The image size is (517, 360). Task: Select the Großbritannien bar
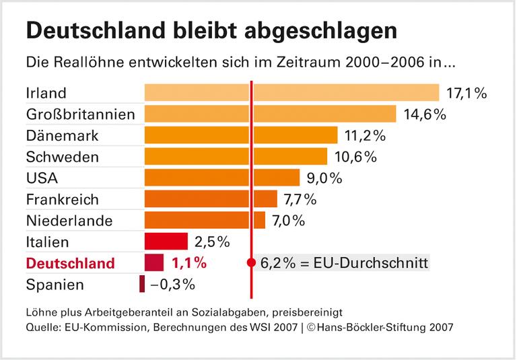270,114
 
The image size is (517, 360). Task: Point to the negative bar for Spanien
142,284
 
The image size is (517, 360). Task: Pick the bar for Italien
166,242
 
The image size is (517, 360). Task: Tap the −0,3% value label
173,285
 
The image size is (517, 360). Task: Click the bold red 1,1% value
188,263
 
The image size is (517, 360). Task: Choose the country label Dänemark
62,136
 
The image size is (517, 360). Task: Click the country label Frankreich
62,200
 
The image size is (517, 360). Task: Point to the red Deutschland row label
71,263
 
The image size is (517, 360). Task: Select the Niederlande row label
69,221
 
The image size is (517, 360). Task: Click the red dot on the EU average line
251,262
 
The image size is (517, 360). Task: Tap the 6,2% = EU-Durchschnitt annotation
343,262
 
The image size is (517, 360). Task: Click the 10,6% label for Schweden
354,157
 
